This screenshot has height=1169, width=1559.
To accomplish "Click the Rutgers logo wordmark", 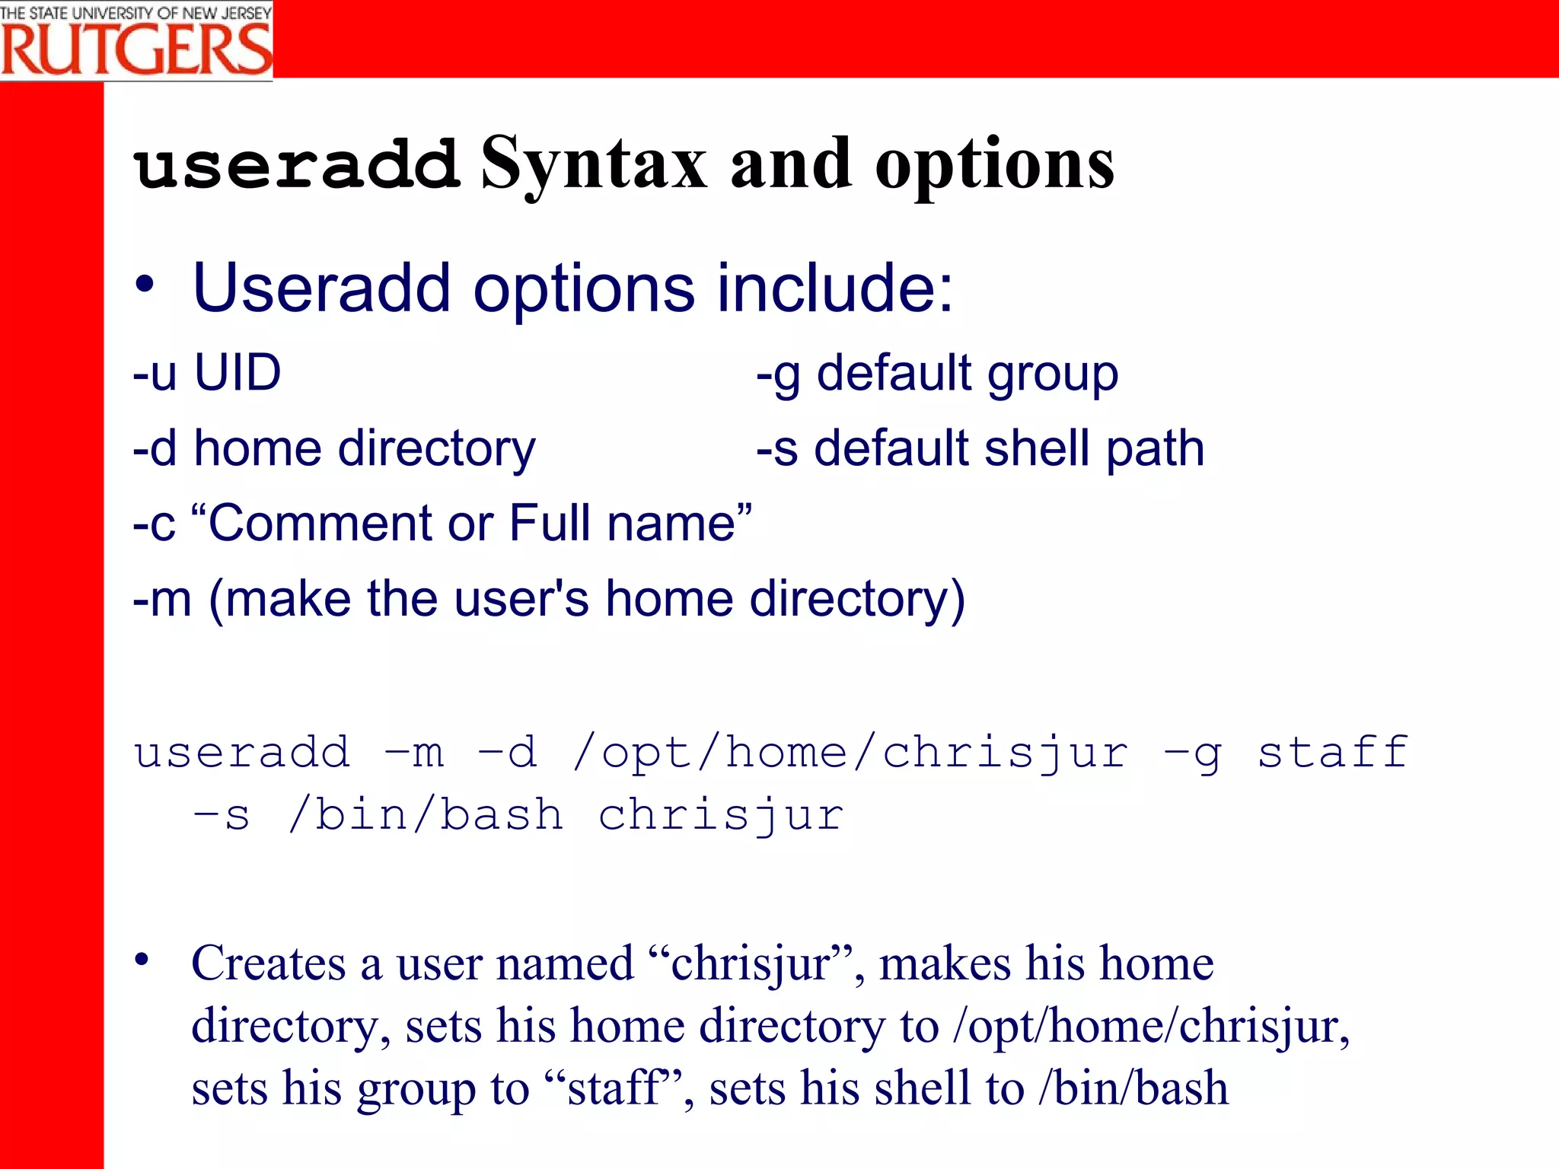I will click(x=136, y=50).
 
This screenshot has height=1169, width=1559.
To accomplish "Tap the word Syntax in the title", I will click(x=594, y=164).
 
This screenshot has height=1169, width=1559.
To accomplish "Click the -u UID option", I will click(x=207, y=373).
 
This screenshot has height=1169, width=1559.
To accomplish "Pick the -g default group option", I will click(x=937, y=374).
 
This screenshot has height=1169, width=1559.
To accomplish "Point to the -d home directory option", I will click(x=334, y=448).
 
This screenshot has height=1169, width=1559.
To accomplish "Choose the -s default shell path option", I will click(x=980, y=448).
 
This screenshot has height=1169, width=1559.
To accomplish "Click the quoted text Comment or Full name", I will click(x=472, y=524).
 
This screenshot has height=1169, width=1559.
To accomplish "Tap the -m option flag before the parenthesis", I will click(x=161, y=599).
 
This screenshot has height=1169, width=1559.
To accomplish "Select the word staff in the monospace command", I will click(x=1332, y=753).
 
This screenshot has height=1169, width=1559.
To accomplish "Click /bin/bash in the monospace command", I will click(x=426, y=815).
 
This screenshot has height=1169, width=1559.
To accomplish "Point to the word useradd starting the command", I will click(x=242, y=753).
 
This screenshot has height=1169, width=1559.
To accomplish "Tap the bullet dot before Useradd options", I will click(x=144, y=285).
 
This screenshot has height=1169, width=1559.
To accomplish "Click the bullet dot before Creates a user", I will click(x=142, y=960).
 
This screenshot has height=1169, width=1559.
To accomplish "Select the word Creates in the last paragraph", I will click(x=269, y=964).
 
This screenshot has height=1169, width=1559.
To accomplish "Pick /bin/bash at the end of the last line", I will click(x=1133, y=1088).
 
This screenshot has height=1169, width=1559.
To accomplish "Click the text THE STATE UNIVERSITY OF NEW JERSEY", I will click(x=136, y=13).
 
